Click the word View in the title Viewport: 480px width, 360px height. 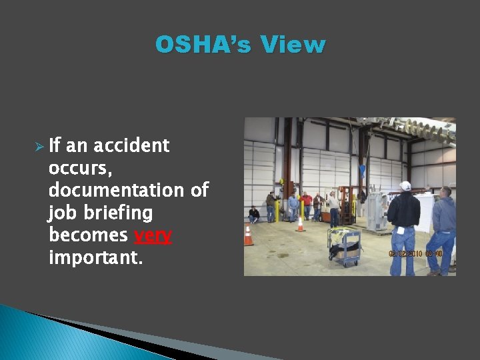click(x=293, y=45)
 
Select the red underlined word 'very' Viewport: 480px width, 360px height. click(x=153, y=236)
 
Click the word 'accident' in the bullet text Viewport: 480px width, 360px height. click(x=131, y=146)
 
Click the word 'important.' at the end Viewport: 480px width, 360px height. click(x=95, y=258)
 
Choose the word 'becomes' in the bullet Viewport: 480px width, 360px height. click(x=89, y=236)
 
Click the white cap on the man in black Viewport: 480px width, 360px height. click(x=405, y=186)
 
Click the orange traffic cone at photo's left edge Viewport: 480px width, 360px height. click(x=248, y=235)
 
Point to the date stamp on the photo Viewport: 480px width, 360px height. click(x=415, y=253)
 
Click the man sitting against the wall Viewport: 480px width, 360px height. click(x=254, y=215)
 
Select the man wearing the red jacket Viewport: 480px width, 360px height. click(x=307, y=204)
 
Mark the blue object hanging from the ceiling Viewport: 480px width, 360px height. click(x=363, y=169)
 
